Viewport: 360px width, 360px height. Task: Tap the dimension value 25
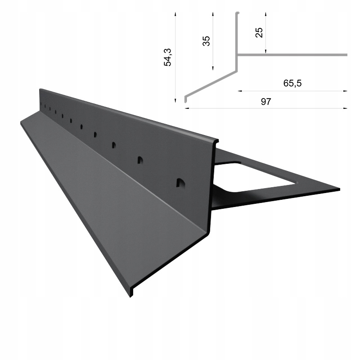tap(259, 32)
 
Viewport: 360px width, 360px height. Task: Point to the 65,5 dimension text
tap(292, 83)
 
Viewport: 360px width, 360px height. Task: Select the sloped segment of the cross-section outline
tap(211, 83)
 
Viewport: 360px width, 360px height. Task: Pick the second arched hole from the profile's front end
tap(140, 160)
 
